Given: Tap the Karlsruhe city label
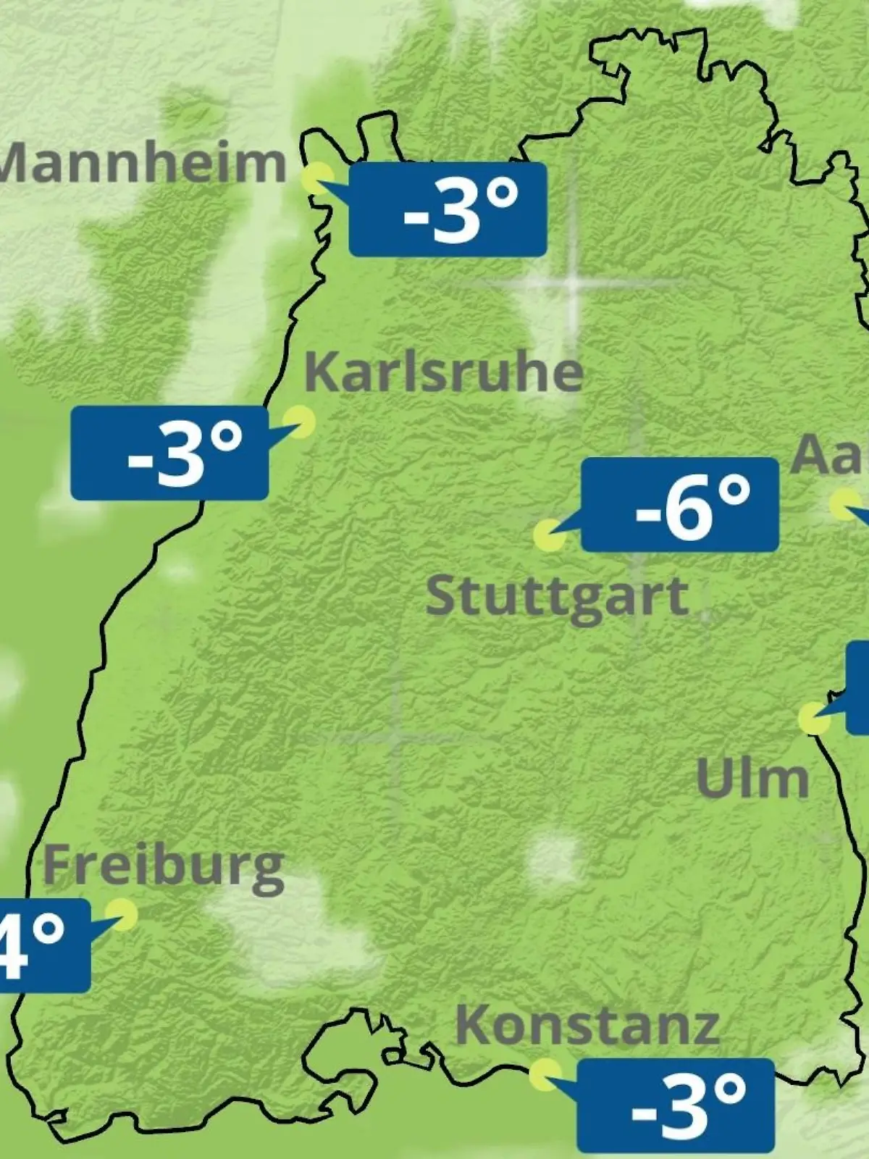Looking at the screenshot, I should click(x=443, y=372).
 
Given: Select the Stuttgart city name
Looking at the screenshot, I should click(x=557, y=598).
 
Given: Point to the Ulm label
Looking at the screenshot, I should click(x=752, y=779).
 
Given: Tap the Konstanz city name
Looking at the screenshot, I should click(x=587, y=1025).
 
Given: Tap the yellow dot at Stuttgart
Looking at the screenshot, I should click(x=549, y=535).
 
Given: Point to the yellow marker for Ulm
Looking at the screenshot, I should click(x=814, y=718).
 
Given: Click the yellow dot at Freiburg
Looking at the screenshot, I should click(x=122, y=914).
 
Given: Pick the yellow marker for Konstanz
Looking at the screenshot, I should click(x=545, y=1074).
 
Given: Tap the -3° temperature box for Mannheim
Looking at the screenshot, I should click(x=448, y=209).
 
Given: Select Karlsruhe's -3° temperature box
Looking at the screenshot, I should click(x=169, y=453).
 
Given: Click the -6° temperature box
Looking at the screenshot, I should click(x=680, y=504).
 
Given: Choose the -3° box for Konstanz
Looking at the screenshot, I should click(x=676, y=1105).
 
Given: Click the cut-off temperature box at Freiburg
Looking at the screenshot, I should click(x=43, y=945).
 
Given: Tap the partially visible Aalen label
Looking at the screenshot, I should click(x=830, y=456).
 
